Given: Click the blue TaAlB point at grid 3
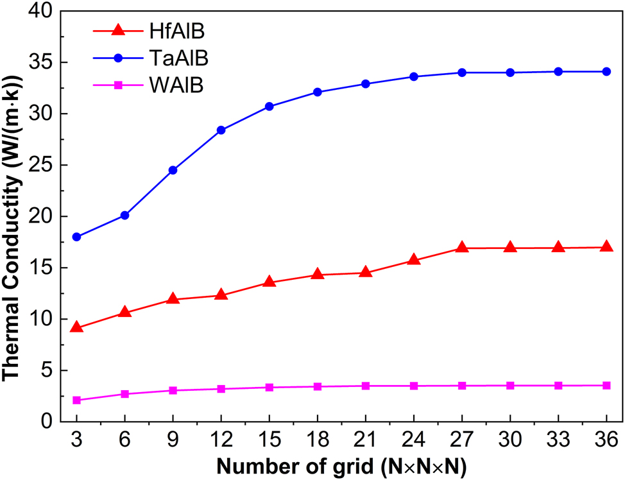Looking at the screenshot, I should coord(77,237).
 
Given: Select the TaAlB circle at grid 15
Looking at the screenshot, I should coord(270,107).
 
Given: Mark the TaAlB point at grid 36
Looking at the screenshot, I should coord(606,71).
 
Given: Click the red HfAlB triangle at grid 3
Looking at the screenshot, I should coord(77,327).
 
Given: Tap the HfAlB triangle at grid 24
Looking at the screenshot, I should coord(414,260).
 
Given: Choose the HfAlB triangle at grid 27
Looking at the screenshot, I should coord(462,248).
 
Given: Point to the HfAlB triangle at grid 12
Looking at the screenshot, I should coord(221,295).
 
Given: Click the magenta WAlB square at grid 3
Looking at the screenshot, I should coord(77,400).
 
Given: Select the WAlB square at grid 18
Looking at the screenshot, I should coord(318,386).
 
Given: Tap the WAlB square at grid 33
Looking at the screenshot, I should coord(558,386).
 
